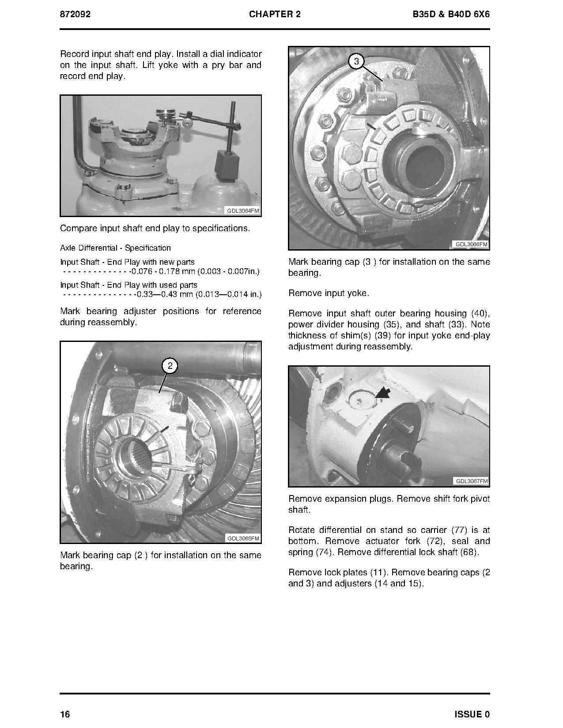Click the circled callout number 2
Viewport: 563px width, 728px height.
coord(170,366)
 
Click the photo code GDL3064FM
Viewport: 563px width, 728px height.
coord(242,211)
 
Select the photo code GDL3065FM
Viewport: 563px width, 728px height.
coord(243,538)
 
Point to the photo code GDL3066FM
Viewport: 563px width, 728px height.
coord(471,244)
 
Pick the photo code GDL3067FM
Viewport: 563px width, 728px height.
coord(471,481)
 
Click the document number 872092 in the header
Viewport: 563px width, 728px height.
coord(75,14)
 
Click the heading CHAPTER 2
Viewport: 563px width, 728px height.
coord(275,14)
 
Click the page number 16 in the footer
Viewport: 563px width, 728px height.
coord(65,714)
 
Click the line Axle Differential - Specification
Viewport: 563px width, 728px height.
coord(115,248)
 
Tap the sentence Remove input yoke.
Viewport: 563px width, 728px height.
coord(329,293)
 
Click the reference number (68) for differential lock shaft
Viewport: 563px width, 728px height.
coord(469,552)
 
